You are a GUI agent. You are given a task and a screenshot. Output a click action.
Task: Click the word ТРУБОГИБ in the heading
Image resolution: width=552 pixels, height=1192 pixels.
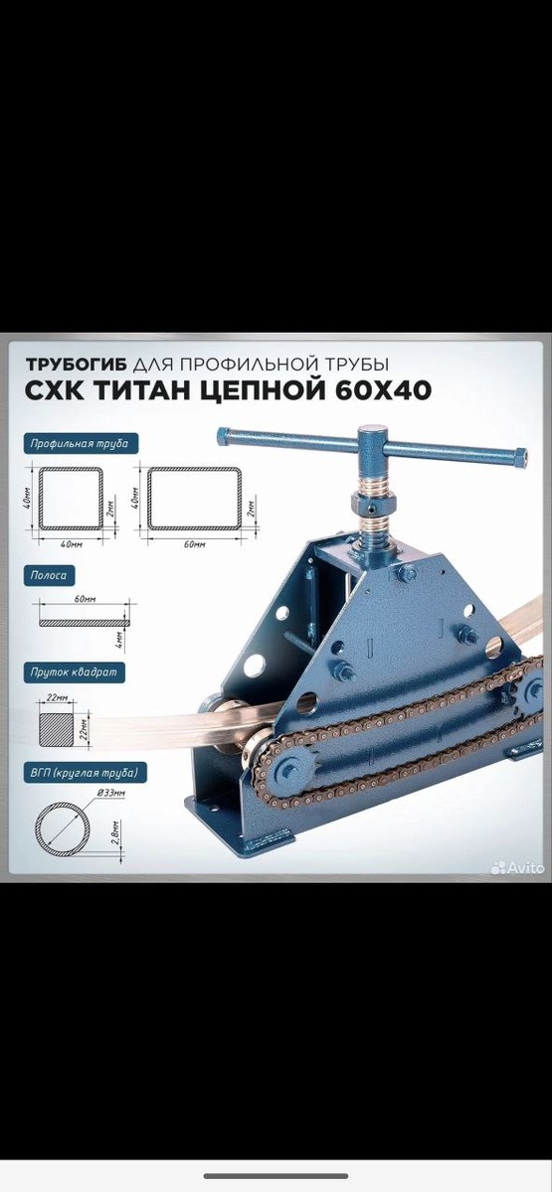(77, 365)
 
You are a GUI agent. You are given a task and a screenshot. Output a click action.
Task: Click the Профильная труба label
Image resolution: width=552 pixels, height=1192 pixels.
(80, 443)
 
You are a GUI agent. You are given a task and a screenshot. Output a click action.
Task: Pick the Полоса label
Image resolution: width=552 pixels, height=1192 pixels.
(49, 575)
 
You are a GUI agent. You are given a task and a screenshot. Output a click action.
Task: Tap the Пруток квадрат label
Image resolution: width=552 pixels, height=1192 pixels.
(74, 672)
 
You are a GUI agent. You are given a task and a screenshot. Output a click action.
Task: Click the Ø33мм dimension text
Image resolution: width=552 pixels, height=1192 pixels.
(111, 794)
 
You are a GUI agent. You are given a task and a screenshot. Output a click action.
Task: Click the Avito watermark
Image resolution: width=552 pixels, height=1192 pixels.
(518, 867)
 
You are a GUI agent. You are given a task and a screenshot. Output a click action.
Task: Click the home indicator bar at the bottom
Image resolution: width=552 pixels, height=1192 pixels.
(276, 1175)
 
